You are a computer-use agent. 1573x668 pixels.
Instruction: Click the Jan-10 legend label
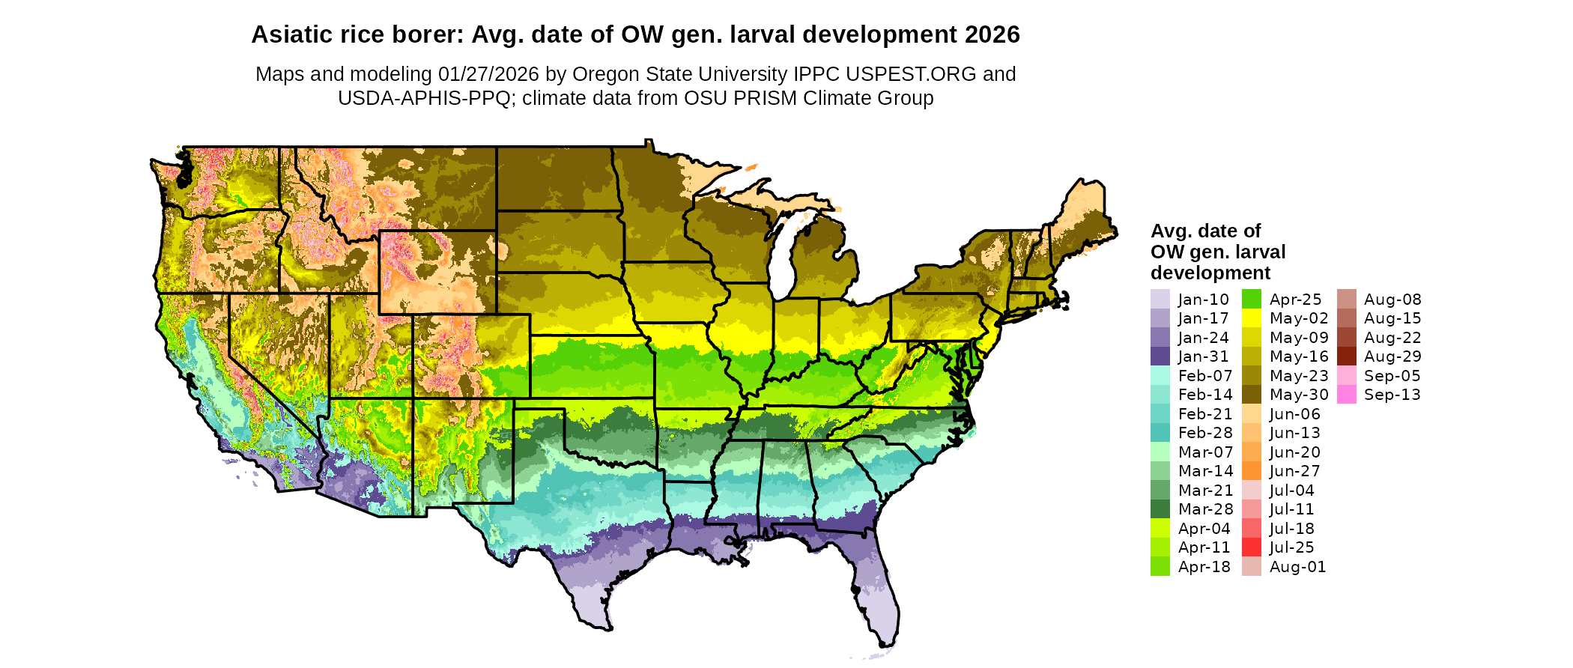click(1203, 300)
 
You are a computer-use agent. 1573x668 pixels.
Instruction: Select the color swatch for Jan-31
click(1160, 356)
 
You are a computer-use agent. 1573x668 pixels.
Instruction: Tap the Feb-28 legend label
click(1204, 433)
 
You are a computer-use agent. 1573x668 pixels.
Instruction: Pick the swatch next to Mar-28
click(1160, 509)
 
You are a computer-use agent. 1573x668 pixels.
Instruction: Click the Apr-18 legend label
click(1204, 567)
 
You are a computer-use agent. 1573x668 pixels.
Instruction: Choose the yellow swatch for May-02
click(1251, 318)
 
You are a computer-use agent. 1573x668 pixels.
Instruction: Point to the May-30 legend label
click(1299, 395)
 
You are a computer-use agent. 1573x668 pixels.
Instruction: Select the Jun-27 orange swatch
click(1251, 471)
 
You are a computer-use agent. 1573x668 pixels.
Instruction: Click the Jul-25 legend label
click(1291, 547)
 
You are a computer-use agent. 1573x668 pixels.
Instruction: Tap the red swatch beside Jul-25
click(1251, 547)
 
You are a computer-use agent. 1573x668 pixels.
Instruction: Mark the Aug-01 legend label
click(1297, 567)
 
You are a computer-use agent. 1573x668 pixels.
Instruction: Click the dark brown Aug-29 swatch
click(1346, 356)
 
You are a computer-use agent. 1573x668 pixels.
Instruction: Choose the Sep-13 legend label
click(1392, 395)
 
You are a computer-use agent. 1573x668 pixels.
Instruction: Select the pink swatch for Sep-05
click(1346, 376)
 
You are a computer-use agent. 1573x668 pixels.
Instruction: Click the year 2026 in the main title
click(992, 34)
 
